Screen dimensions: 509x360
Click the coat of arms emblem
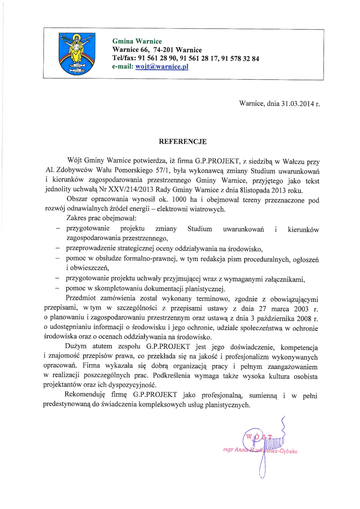click(77, 54)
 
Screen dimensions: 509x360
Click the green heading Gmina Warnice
click(137, 41)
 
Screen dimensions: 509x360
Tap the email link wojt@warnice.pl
click(162, 67)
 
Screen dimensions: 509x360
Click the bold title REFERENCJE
click(183, 141)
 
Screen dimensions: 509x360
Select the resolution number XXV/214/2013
click(131, 190)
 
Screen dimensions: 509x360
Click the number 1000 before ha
click(179, 199)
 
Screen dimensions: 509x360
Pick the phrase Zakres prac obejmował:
click(102, 218)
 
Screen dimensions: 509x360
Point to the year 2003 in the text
click(301, 309)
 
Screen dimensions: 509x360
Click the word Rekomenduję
click(85, 395)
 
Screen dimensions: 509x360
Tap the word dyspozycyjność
click(133, 385)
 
